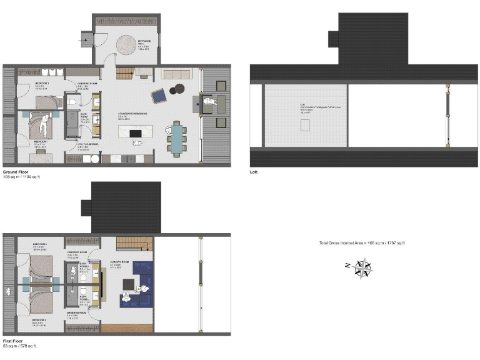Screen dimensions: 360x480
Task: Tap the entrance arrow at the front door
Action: (84, 39)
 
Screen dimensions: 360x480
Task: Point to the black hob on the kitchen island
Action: (134, 132)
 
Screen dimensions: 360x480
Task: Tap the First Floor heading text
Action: (14, 341)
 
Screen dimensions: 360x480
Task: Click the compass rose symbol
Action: (361, 268)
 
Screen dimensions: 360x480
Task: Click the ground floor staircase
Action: (126, 72)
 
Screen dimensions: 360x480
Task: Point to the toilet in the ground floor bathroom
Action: (73, 102)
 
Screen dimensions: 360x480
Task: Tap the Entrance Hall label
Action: (144, 41)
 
